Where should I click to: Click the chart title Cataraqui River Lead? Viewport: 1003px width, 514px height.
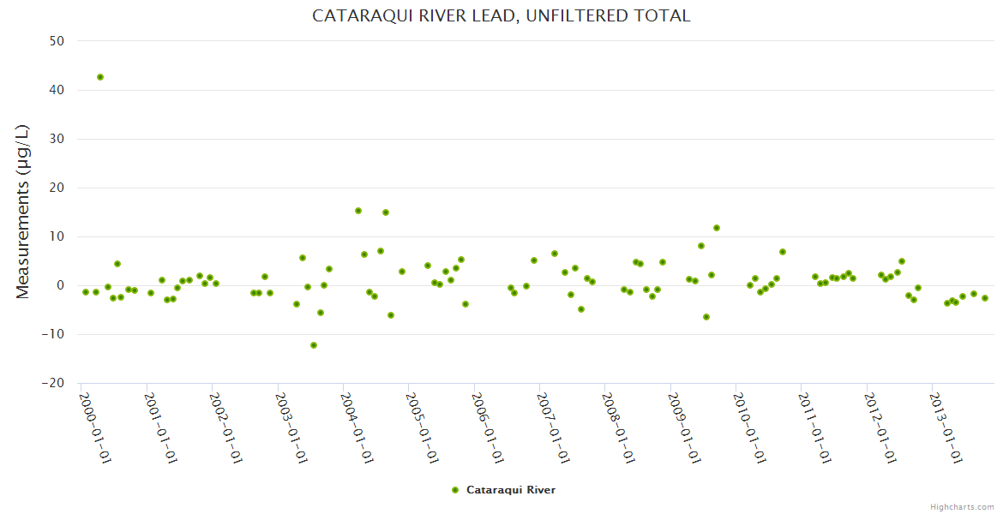point(501,16)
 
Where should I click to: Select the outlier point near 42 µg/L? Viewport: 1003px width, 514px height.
point(100,77)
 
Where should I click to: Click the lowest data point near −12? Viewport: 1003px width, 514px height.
point(314,345)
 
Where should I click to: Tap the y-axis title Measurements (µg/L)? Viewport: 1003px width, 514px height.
point(23,211)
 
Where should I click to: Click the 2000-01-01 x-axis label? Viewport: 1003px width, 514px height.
point(96,427)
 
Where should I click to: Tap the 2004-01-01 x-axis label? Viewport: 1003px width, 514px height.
point(358,427)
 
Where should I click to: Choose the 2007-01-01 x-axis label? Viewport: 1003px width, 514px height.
point(555,427)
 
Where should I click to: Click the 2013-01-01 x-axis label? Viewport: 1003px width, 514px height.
point(947,427)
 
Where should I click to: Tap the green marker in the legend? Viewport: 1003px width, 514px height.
point(455,490)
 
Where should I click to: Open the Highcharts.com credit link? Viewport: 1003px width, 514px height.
point(962,506)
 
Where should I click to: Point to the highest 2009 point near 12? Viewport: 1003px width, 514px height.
point(717,228)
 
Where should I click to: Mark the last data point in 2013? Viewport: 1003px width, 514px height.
point(985,298)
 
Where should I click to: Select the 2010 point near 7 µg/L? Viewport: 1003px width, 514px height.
point(783,252)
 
